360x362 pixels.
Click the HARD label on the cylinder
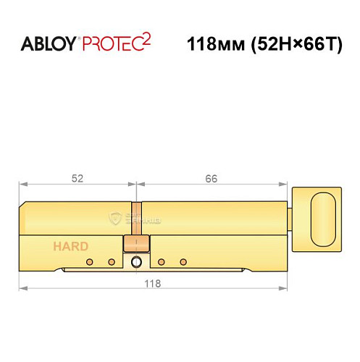[x=70, y=246]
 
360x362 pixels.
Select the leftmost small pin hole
[x=88, y=261]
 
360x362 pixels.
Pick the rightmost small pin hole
[x=183, y=261]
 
